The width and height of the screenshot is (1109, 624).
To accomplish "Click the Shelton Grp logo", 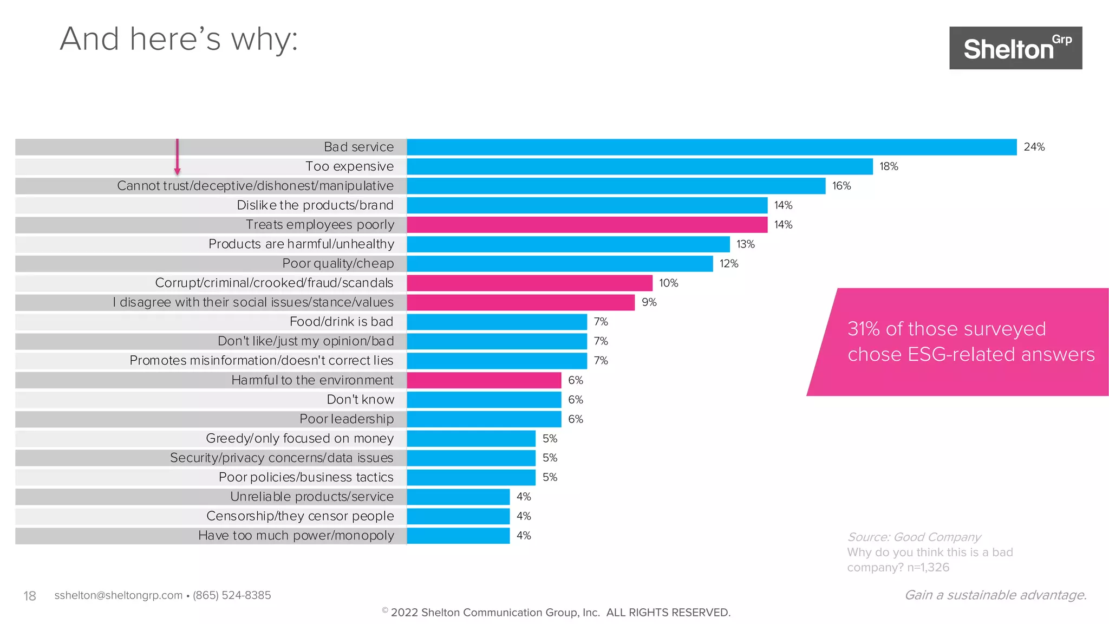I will pyautogui.click(x=1015, y=48).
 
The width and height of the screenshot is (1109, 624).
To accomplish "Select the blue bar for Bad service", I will pyautogui.click(x=712, y=147).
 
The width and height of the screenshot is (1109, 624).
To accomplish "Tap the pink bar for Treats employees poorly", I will pyautogui.click(x=587, y=224).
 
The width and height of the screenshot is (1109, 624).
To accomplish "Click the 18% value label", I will pyautogui.click(x=889, y=166).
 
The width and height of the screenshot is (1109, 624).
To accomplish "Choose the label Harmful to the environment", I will pyautogui.click(x=312, y=380).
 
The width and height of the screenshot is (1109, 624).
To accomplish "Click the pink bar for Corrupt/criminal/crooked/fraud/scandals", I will pyautogui.click(x=530, y=283).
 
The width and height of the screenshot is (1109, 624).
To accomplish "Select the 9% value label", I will pyautogui.click(x=649, y=302).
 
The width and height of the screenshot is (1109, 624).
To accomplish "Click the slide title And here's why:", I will pyautogui.click(x=179, y=39).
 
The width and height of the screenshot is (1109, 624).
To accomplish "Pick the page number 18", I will pyautogui.click(x=30, y=596).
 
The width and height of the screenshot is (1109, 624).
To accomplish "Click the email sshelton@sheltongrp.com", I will pyautogui.click(x=118, y=595).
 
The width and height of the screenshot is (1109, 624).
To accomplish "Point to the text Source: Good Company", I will pyautogui.click(x=914, y=537).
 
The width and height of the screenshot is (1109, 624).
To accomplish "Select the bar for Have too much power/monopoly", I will pyautogui.click(x=458, y=535).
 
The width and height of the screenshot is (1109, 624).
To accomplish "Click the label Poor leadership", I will pyautogui.click(x=347, y=419).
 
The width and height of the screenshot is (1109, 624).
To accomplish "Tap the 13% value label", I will pyautogui.click(x=745, y=244).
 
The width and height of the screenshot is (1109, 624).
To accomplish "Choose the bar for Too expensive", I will pyautogui.click(x=640, y=166).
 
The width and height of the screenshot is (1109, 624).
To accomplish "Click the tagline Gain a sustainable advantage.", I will pyautogui.click(x=995, y=595).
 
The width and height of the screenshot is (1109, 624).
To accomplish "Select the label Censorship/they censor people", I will pyautogui.click(x=300, y=516).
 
